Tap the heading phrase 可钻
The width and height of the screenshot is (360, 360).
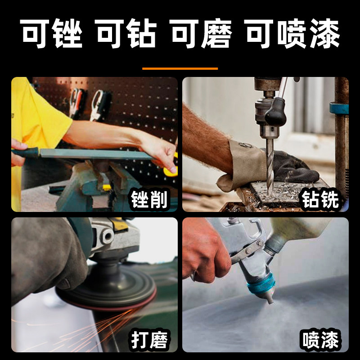click(126, 34)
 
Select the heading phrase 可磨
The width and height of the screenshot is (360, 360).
click(202, 34)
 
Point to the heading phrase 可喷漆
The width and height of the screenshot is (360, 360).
click(292, 34)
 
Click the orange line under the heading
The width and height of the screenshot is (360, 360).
click(180, 69)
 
